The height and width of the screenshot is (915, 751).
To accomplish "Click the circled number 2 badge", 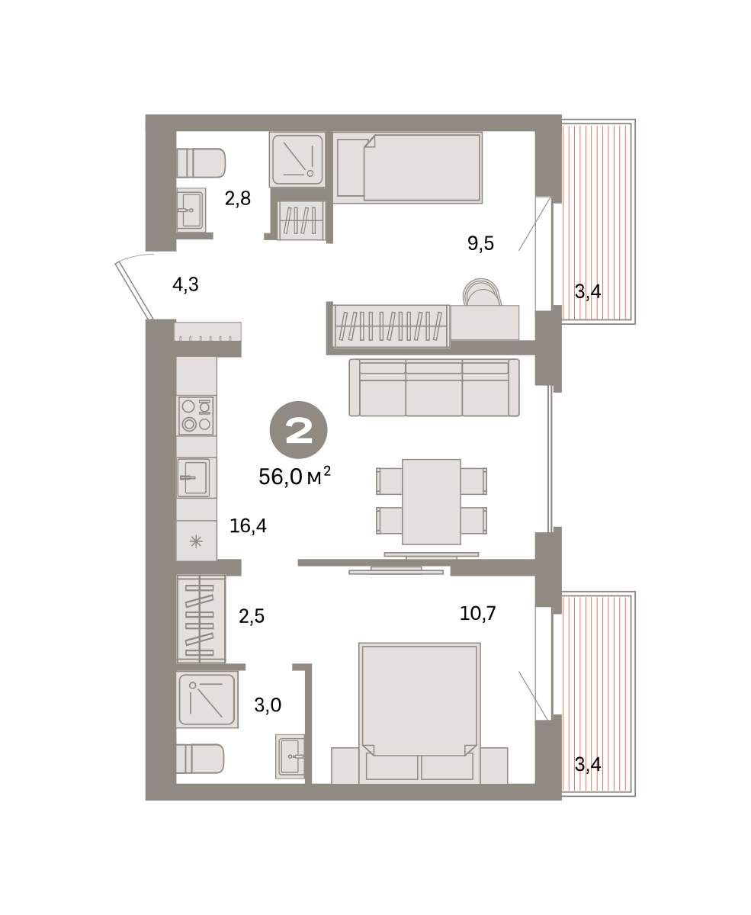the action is tap(298, 430).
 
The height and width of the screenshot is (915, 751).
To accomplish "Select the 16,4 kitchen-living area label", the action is tap(248, 526).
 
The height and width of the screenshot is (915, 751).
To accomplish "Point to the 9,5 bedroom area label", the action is tap(480, 243).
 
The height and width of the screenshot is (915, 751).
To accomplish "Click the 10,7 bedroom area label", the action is tap(477, 614).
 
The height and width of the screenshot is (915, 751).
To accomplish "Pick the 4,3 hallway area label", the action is tap(186, 285).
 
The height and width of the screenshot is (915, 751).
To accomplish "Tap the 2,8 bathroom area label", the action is tap(238, 199).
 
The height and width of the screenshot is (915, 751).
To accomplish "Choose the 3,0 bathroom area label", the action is tap(268, 705).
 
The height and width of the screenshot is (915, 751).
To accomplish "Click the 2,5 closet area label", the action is tap(252, 616).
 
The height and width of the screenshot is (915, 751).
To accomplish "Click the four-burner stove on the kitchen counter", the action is tap(196, 416).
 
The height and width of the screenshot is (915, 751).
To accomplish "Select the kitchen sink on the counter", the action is tap(194, 477).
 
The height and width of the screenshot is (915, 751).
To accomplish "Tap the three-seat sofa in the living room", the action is tap(434, 387).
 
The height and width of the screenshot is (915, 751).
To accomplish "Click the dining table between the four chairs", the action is tap(432, 502).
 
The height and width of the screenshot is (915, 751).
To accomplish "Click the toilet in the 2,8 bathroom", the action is tap(201, 163).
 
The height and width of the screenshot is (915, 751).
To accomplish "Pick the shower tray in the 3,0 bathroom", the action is tap(207, 699).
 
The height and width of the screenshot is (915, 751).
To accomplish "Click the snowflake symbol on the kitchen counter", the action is tap(196, 541).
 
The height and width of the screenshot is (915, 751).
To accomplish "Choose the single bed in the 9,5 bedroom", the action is tap(408, 168).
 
